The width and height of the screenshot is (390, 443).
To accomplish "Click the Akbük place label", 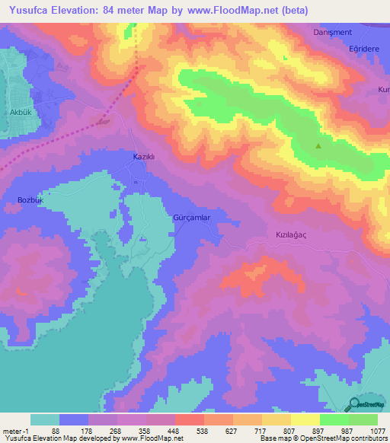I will pyautogui.click(x=18, y=112).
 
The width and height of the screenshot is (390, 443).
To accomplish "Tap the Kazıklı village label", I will pyautogui.click(x=144, y=156).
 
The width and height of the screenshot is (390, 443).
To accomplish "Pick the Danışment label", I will pyautogui.click(x=330, y=33).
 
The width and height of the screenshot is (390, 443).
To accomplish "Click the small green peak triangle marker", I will pyautogui.click(x=318, y=146).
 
